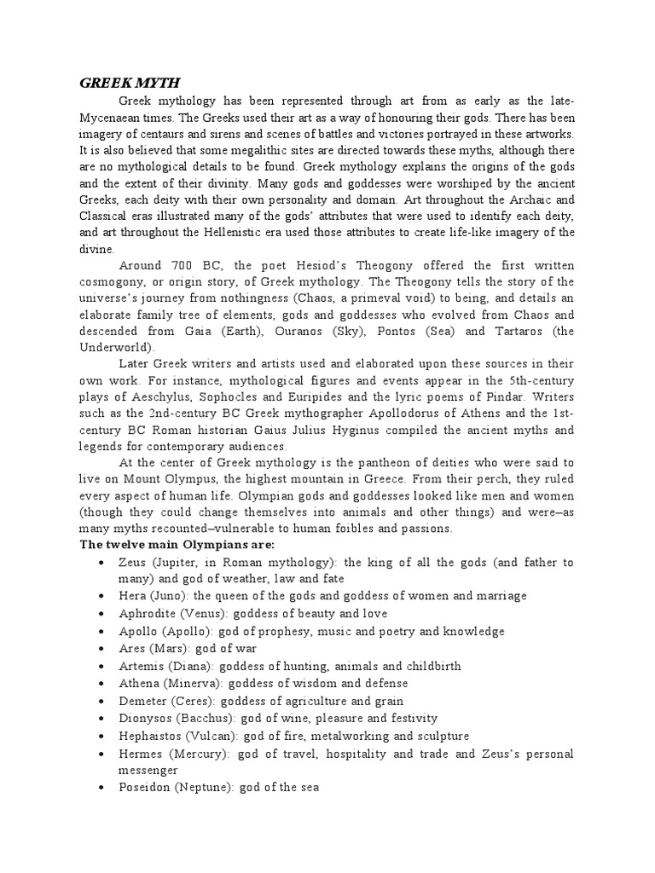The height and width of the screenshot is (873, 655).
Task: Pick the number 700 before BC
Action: (x=187, y=265)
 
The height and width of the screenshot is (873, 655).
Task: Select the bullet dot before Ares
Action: (x=101, y=649)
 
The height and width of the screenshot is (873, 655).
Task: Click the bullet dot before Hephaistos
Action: (x=101, y=736)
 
